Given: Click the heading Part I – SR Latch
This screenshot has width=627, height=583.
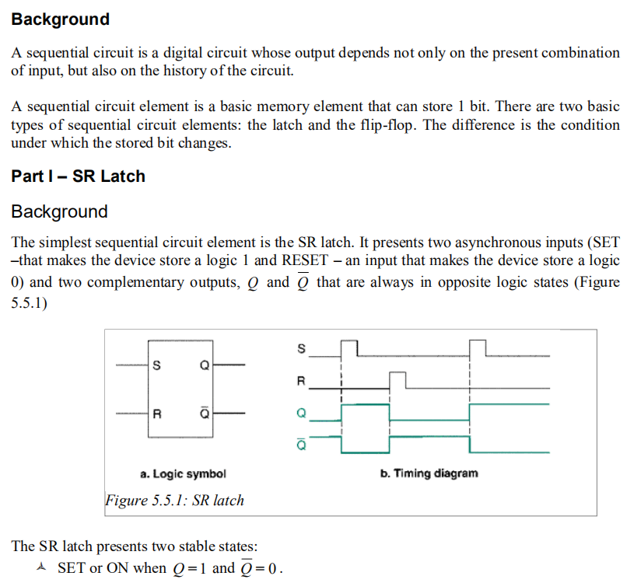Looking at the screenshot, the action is [x=78, y=176].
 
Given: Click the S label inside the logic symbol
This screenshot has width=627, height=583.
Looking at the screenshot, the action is [x=159, y=365].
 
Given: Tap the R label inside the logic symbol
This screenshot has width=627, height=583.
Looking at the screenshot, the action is [x=158, y=413].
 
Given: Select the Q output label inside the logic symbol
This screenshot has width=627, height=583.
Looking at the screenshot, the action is [x=204, y=365].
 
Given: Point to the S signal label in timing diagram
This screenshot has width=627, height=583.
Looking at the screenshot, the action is [x=302, y=347].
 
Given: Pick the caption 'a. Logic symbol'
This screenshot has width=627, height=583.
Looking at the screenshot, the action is [x=183, y=473].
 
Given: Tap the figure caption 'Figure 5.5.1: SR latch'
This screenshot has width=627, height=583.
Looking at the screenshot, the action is [x=174, y=500].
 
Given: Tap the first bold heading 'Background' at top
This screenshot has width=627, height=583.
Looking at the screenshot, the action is [x=60, y=19].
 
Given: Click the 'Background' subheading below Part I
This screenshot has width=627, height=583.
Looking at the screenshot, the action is [x=59, y=211].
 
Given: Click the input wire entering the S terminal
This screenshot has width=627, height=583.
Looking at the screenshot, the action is [x=131, y=365].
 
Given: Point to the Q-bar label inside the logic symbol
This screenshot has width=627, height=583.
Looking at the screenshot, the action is [x=204, y=412].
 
